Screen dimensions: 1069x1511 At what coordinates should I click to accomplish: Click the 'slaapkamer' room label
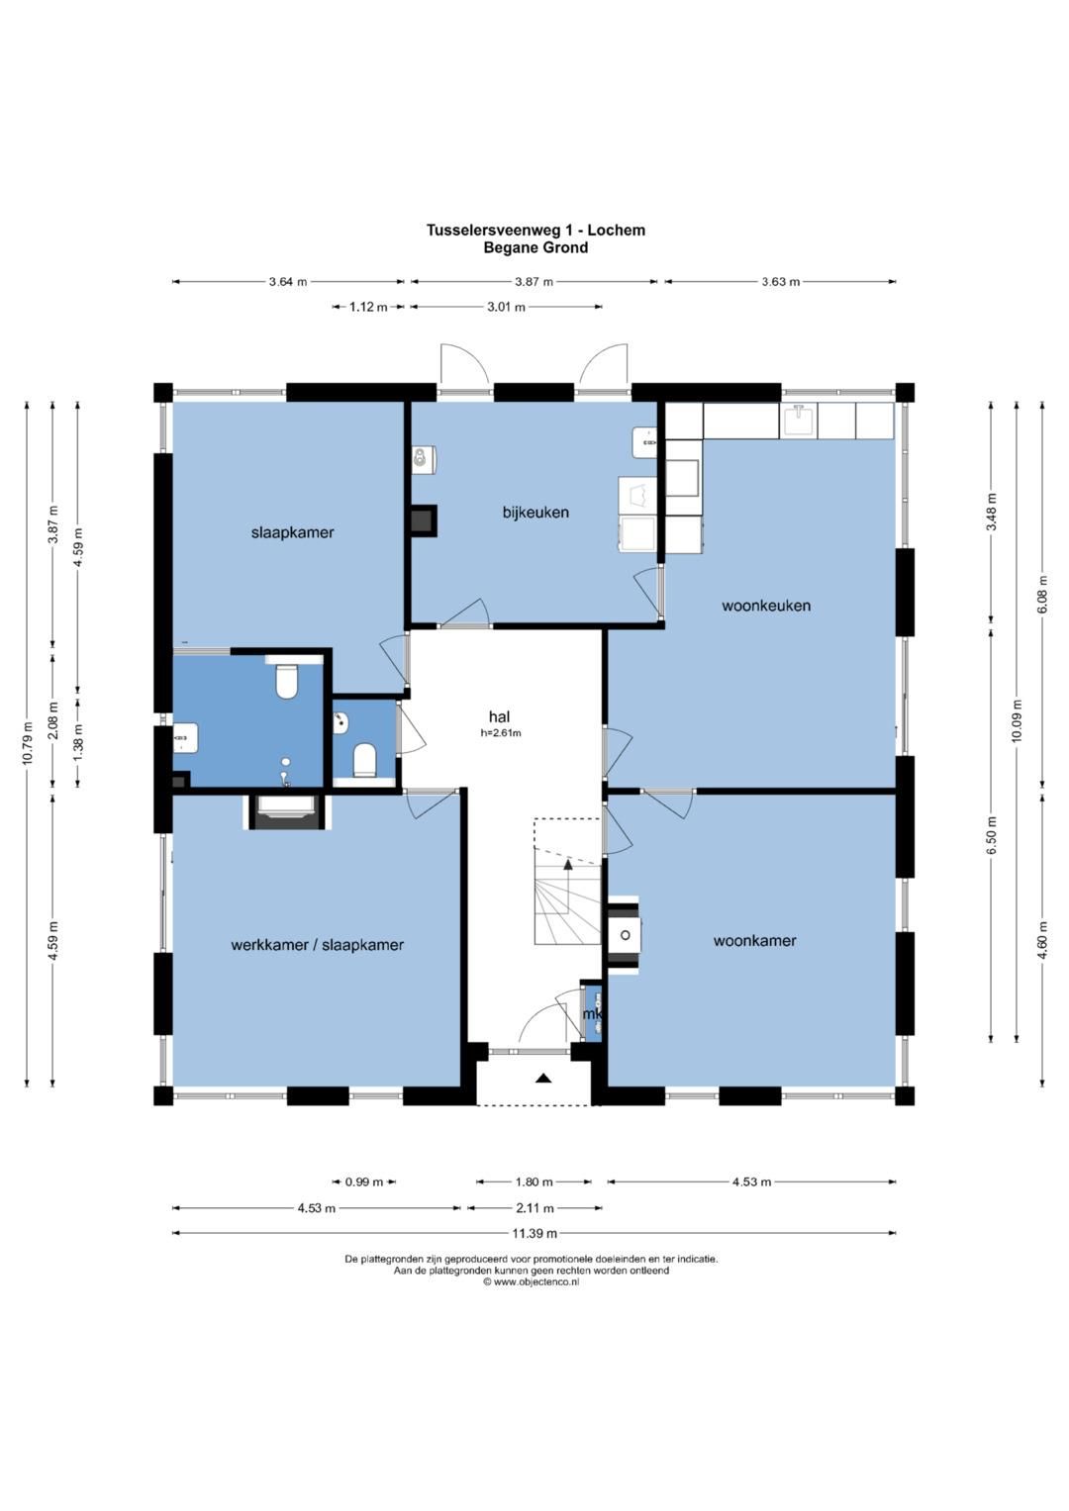point(292,532)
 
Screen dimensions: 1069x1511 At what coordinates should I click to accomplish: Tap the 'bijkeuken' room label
point(535,512)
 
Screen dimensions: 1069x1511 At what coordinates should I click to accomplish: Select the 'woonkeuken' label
point(766,605)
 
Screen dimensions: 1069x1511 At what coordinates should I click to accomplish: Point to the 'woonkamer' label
point(754,940)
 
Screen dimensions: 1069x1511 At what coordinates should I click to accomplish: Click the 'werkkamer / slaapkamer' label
point(317,945)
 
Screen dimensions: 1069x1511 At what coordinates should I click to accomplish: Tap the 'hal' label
point(500,717)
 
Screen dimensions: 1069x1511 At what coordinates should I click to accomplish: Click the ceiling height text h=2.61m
point(501,732)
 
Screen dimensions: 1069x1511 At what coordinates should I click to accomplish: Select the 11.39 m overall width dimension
point(534,1234)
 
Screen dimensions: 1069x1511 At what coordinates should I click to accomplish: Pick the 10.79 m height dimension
point(27,743)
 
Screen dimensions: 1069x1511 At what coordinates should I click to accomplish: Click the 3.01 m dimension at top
point(506,307)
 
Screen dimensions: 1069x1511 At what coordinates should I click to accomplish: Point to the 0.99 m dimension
point(364,1181)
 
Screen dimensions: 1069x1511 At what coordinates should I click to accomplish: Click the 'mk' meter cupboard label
point(592,1014)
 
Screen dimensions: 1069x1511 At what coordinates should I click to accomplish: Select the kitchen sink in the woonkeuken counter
point(799,420)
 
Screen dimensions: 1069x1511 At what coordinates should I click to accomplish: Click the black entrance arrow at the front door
point(544,1079)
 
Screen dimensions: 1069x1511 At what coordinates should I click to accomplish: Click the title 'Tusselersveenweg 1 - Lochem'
point(535,230)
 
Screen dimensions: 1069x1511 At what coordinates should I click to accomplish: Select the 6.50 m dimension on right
point(992,834)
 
